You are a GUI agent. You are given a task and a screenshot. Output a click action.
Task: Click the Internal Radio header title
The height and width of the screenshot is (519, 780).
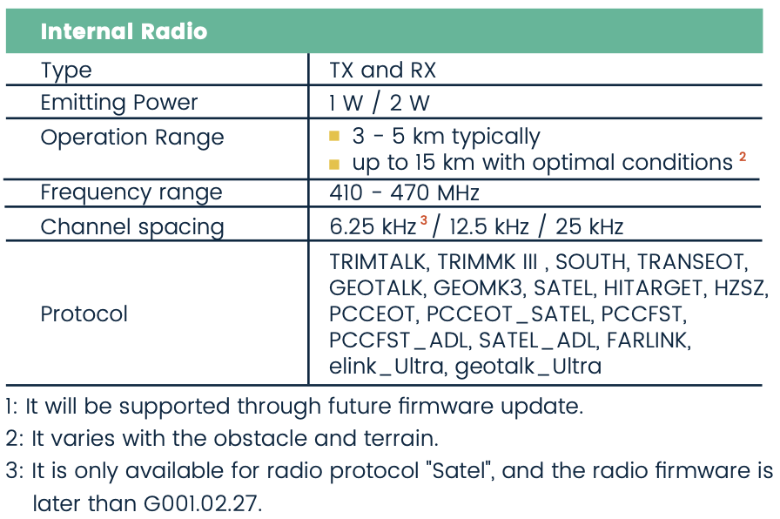click(124, 31)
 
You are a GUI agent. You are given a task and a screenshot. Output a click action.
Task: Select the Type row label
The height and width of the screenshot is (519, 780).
click(66, 71)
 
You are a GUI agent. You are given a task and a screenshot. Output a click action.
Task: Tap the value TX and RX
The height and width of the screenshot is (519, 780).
click(382, 70)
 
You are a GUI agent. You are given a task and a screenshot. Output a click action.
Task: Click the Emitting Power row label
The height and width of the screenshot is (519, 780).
click(119, 103)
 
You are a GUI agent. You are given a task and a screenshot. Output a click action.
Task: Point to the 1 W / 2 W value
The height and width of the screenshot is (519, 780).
click(379, 103)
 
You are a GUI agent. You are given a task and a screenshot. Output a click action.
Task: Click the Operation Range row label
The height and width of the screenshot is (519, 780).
click(132, 138)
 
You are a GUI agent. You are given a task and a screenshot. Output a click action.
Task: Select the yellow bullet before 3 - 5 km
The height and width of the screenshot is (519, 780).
click(334, 136)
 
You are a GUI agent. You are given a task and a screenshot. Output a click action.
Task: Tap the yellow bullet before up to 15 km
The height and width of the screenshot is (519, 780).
click(334, 164)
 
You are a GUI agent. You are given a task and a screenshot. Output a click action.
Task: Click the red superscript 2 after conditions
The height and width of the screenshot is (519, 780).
click(743, 157)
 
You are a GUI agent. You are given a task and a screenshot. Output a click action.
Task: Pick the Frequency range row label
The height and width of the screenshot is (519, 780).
click(131, 192)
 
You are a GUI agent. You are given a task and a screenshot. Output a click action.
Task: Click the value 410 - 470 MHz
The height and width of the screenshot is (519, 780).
click(404, 192)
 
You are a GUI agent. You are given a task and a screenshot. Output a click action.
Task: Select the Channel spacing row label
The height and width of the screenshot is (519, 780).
click(132, 227)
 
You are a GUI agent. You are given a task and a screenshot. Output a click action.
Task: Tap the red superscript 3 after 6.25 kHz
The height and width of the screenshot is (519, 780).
click(424, 220)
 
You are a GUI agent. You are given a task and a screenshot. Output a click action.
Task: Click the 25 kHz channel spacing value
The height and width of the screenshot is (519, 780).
click(589, 227)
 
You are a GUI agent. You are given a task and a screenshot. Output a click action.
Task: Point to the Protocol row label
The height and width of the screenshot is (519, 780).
click(84, 314)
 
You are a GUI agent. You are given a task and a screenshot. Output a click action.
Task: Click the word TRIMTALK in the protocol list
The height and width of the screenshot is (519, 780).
click(378, 262)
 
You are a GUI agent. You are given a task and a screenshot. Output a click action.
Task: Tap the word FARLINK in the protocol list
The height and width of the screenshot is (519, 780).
click(649, 340)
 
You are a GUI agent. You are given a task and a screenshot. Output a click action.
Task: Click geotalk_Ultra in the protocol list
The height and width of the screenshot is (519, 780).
click(528, 367)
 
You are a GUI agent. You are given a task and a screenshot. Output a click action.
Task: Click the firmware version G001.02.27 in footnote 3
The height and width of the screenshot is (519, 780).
click(203, 503)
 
